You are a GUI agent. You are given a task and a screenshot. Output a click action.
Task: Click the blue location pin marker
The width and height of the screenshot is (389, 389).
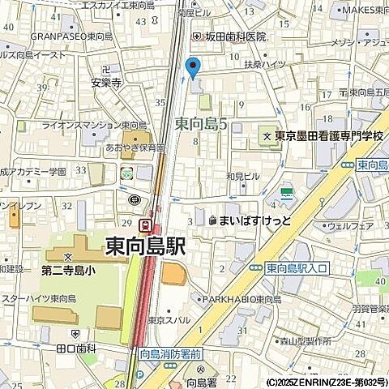coord(192,68)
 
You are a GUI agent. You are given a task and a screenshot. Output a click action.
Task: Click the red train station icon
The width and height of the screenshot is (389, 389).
coord(144,224)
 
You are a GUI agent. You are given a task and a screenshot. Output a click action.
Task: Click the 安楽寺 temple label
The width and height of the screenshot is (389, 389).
coord(106,82)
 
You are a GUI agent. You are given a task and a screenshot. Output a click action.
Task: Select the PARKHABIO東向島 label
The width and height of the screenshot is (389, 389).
coord(242,298)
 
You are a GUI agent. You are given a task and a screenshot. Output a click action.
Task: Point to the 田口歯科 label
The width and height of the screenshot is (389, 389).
coord(76,348)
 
